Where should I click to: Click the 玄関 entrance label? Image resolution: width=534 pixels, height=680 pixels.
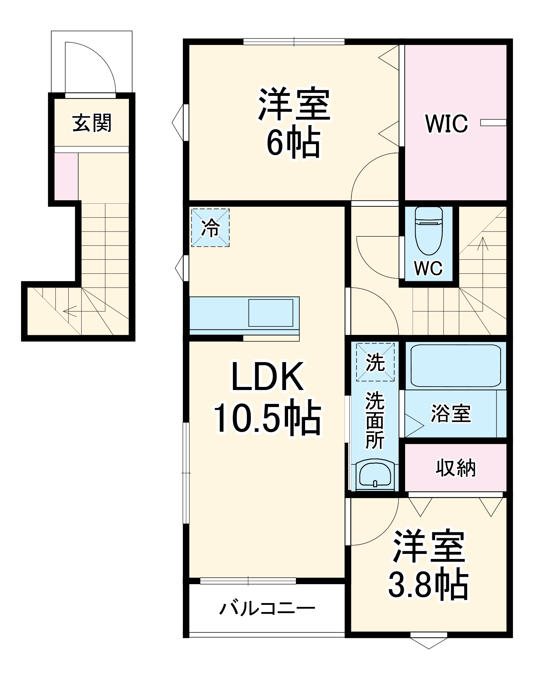coord(92,123)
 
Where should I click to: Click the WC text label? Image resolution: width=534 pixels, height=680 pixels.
coord(428,268)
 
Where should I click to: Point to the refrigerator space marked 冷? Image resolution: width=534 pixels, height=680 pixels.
coord(210,227)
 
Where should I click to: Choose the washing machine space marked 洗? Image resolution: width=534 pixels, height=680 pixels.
coord(375,362)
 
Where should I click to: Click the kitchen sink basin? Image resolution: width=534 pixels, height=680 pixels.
coord(270,313)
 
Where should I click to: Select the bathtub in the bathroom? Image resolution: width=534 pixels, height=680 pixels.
coord(455,365)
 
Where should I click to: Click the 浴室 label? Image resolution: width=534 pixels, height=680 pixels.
coord(451,413)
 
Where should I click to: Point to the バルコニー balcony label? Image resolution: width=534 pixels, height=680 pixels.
coord(267,609)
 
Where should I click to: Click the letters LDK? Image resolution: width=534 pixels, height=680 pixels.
coord(267,377)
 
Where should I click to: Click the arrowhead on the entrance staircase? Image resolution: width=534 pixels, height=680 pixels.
coord(66,310)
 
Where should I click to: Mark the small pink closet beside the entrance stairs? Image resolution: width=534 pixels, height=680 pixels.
coord(66,176)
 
